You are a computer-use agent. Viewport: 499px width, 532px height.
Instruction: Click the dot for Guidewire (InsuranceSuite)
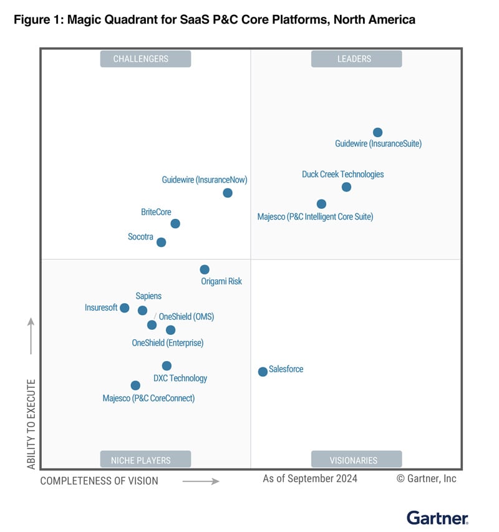coord(377,132)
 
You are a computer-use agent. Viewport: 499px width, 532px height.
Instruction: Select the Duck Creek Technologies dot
coord(347,187)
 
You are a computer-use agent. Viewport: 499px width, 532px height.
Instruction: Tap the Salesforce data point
coord(263,372)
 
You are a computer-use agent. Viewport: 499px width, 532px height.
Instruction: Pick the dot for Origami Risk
coord(205,269)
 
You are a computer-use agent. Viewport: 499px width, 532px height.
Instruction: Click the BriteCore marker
coord(175,223)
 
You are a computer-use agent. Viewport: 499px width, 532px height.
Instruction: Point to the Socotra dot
coord(162,242)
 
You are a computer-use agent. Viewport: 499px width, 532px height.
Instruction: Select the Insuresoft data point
coord(125,308)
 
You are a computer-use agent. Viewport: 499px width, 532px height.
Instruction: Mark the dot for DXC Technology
coord(167,366)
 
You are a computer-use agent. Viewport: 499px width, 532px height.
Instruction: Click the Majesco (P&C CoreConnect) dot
coord(135,385)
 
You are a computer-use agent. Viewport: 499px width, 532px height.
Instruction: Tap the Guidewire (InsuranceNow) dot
coord(228,193)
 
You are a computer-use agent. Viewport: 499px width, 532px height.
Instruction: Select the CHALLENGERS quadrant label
coord(145,59)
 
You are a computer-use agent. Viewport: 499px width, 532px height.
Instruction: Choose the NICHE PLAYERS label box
coord(145,460)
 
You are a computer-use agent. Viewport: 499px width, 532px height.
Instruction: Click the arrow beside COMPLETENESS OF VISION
coord(201,481)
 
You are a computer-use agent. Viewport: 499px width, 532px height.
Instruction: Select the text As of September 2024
coord(310,478)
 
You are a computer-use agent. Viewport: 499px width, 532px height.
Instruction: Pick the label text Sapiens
coord(148,296)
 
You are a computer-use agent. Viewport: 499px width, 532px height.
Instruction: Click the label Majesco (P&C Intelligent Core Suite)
coord(315,217)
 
